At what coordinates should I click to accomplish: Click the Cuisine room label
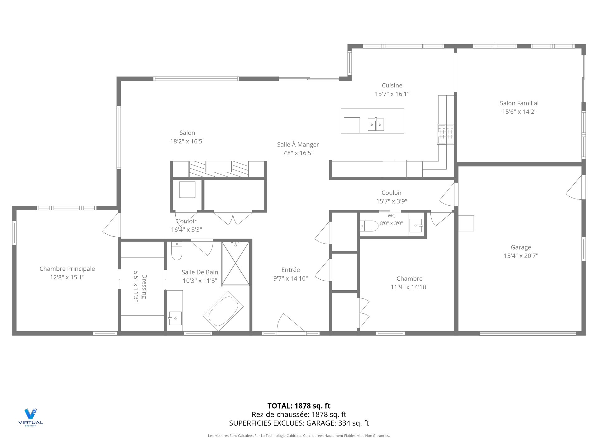coord(392,85)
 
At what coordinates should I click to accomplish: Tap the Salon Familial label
coord(519,103)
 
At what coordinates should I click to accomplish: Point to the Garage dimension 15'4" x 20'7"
coord(521,256)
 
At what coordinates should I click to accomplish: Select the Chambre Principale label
coord(67,269)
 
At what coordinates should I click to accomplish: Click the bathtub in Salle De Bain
coord(223,311)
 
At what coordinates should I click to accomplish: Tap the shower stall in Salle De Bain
coord(235,263)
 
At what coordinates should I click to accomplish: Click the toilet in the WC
coord(369,226)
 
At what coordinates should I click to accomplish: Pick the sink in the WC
coord(416,225)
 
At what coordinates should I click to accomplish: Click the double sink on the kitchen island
coord(376,124)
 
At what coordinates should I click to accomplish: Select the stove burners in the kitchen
coord(445,134)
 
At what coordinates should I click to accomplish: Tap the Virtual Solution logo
coord(31,417)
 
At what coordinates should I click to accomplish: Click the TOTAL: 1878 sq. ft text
coord(299,406)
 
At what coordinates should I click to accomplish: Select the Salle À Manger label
coord(298,144)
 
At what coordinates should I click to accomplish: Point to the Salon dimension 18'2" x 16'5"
coord(187,141)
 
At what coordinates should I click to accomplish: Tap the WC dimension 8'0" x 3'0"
coord(391,223)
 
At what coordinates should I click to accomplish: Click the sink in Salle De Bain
coord(175,318)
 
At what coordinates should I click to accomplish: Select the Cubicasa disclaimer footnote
coord(299,436)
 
